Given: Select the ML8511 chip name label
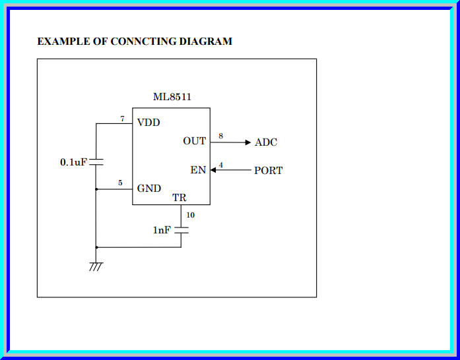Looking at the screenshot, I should pos(172,97).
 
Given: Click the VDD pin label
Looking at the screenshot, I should pos(148,123).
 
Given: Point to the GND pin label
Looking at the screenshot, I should pos(148,189).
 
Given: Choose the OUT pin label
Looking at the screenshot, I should pos(195,142).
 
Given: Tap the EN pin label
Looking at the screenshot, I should pos(198,170).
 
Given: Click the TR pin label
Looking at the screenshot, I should pos(180,198).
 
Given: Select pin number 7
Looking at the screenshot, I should pos(122,119).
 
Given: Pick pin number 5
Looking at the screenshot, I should pos(120,183).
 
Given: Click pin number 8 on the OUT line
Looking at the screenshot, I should pos(220,136).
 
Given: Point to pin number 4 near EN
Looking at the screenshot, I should pos(220,164).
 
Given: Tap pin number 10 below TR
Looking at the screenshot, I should pos(191,215).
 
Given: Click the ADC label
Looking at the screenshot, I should pos(266,142).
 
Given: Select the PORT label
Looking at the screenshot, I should pos(269,171).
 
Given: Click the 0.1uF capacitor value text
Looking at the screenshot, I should pos(73,162).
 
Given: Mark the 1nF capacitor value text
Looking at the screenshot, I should pos(162,230).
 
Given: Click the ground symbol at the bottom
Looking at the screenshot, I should pos(96,266).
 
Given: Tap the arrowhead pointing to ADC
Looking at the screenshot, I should pos(247,142).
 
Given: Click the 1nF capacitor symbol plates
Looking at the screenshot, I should pos(181,230).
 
